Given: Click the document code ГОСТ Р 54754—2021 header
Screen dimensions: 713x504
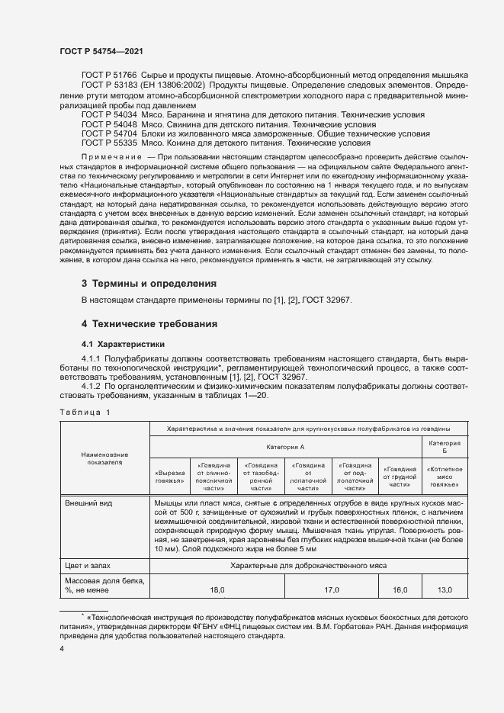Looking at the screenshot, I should (101, 50).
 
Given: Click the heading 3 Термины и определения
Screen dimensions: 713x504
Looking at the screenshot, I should (149, 283).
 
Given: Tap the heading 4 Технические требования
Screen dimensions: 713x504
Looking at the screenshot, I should (149, 324).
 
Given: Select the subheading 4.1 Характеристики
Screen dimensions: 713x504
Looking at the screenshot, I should (122, 344).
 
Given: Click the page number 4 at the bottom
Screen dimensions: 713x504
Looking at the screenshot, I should (62, 647).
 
